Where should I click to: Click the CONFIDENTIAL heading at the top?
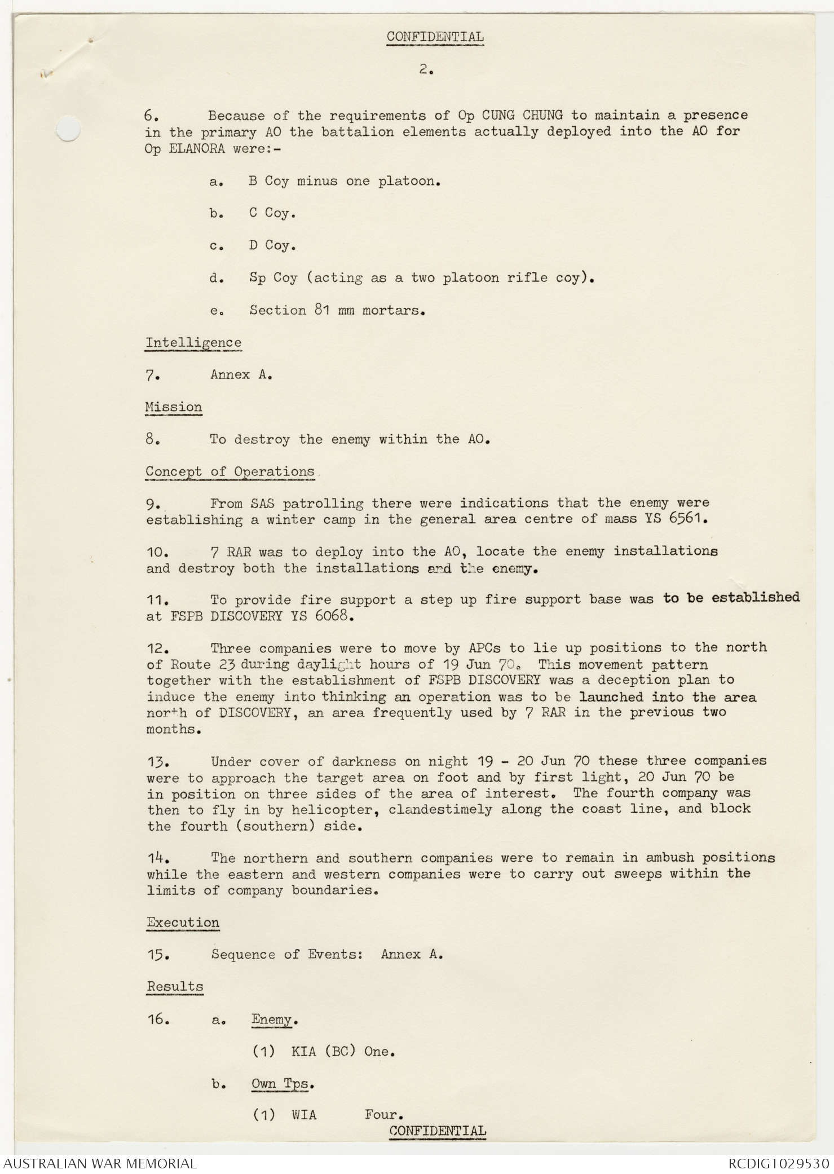[x=435, y=37]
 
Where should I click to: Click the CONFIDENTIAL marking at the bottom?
[x=437, y=1131]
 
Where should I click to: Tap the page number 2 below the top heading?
[x=425, y=70]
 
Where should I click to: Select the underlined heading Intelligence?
[x=193, y=342]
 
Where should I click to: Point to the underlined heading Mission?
[x=173, y=407]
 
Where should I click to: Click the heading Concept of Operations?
[x=230, y=471]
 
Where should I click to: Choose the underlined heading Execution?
[x=183, y=923]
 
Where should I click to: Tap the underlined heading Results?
[x=175, y=987]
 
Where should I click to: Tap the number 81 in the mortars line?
[x=322, y=310]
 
